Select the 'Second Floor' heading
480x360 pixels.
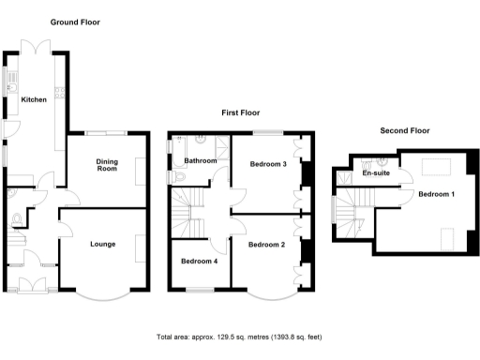pyautogui.click(x=404, y=131)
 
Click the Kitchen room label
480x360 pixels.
pyautogui.click(x=35, y=99)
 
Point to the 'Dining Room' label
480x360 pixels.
pyautogui.click(x=107, y=165)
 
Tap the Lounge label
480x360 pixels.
pyautogui.click(x=102, y=245)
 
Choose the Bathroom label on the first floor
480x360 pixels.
pyautogui.click(x=200, y=161)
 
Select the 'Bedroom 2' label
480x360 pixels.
pyautogui.click(x=266, y=245)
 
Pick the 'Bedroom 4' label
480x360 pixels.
pyautogui.click(x=199, y=261)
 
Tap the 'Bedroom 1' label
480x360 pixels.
pyautogui.click(x=436, y=194)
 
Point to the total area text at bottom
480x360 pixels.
pyautogui.click(x=239, y=337)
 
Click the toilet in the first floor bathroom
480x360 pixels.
pyautogui.click(x=173, y=176)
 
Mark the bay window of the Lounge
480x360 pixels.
pyautogui.click(x=102, y=292)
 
